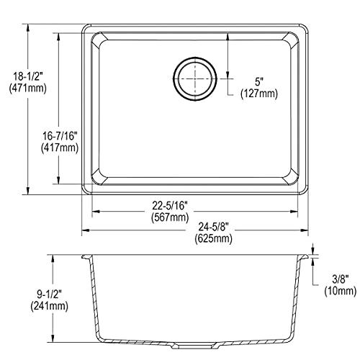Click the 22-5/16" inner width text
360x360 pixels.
click(194, 205)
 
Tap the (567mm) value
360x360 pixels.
click(194, 218)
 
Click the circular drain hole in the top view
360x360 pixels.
click(194, 75)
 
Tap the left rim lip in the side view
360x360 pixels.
click(85, 256)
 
